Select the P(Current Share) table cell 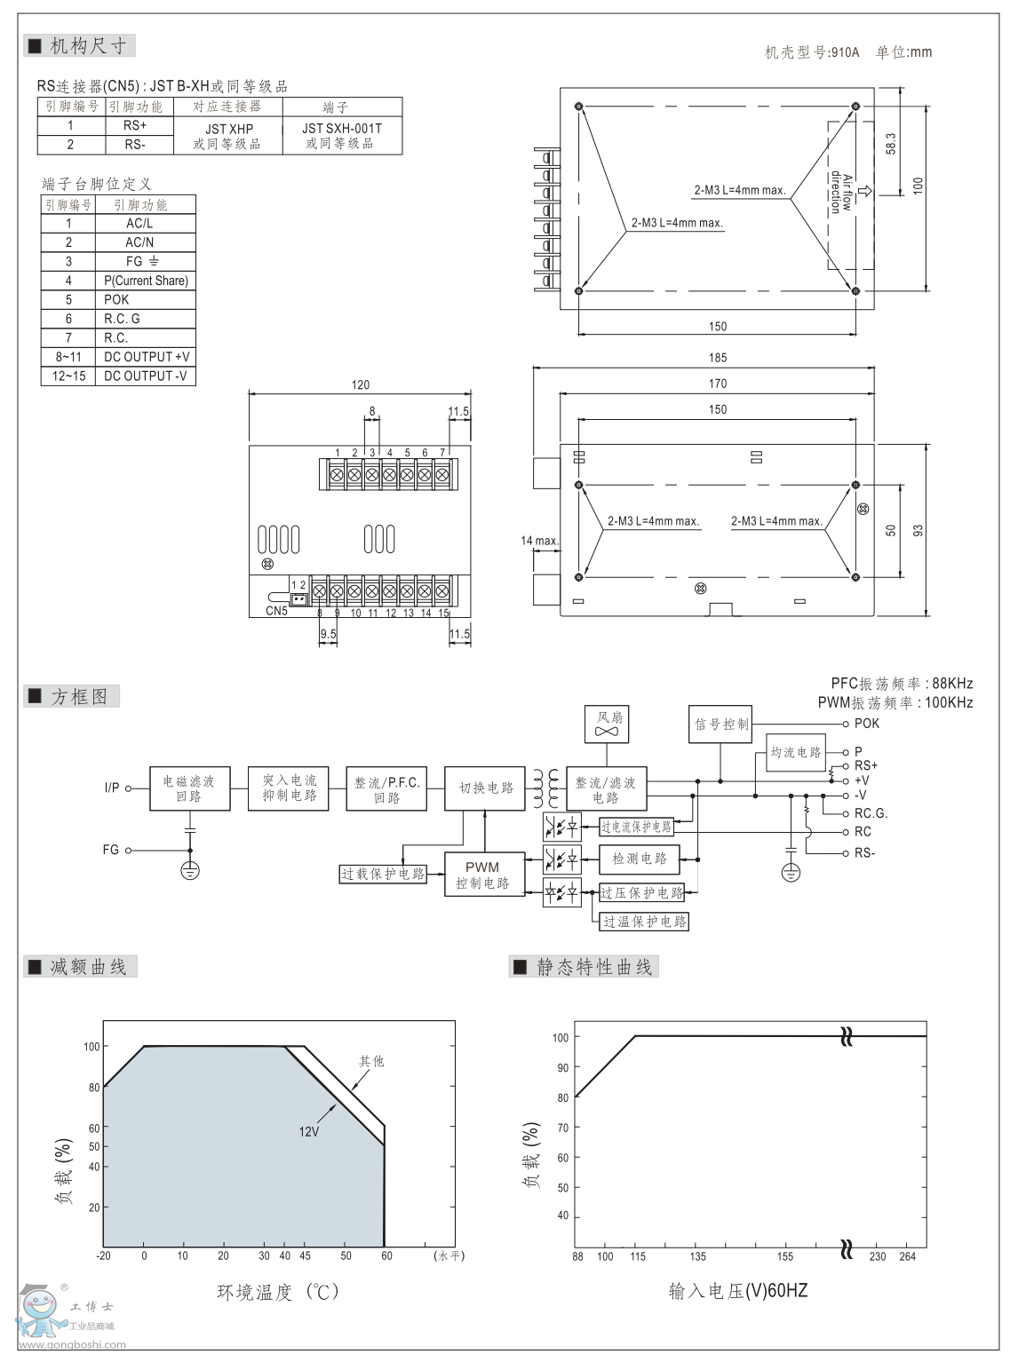point(146,281)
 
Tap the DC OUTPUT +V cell point(147,357)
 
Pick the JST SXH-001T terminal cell point(342,135)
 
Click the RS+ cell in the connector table point(135,126)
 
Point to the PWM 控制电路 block point(483,875)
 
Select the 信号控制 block point(721,725)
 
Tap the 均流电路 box point(796,753)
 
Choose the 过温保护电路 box point(645,922)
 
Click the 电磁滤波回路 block point(189,788)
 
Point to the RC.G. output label point(871,813)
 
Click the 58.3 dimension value point(891,145)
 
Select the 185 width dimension point(718,358)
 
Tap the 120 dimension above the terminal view point(360,384)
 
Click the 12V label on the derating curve point(308,1132)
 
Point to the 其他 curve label point(371,1061)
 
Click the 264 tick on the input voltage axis point(907,1256)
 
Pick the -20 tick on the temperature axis point(104,1256)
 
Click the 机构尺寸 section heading point(87,46)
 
